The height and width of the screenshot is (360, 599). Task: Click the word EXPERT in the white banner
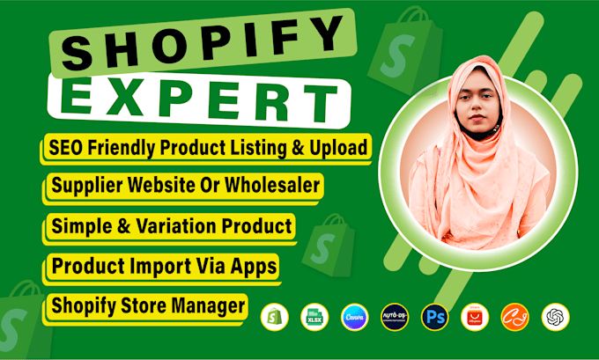tap(199, 101)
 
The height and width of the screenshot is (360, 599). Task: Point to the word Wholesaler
tap(272, 185)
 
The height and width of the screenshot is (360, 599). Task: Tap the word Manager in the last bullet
tap(208, 305)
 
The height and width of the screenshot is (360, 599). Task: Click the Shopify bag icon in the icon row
tap(274, 317)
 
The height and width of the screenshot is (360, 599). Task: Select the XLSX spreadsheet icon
tap(314, 317)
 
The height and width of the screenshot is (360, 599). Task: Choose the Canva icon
tap(354, 317)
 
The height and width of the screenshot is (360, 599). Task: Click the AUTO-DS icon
tap(395, 317)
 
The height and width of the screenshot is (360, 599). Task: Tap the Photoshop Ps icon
tap(435, 317)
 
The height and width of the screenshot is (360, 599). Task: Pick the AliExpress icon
tap(475, 317)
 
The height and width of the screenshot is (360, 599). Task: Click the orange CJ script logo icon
tap(515, 317)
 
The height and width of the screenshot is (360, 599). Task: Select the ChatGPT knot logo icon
tap(556, 317)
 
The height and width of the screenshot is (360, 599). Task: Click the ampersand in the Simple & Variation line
tap(124, 226)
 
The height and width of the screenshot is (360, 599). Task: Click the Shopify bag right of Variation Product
tap(329, 246)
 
